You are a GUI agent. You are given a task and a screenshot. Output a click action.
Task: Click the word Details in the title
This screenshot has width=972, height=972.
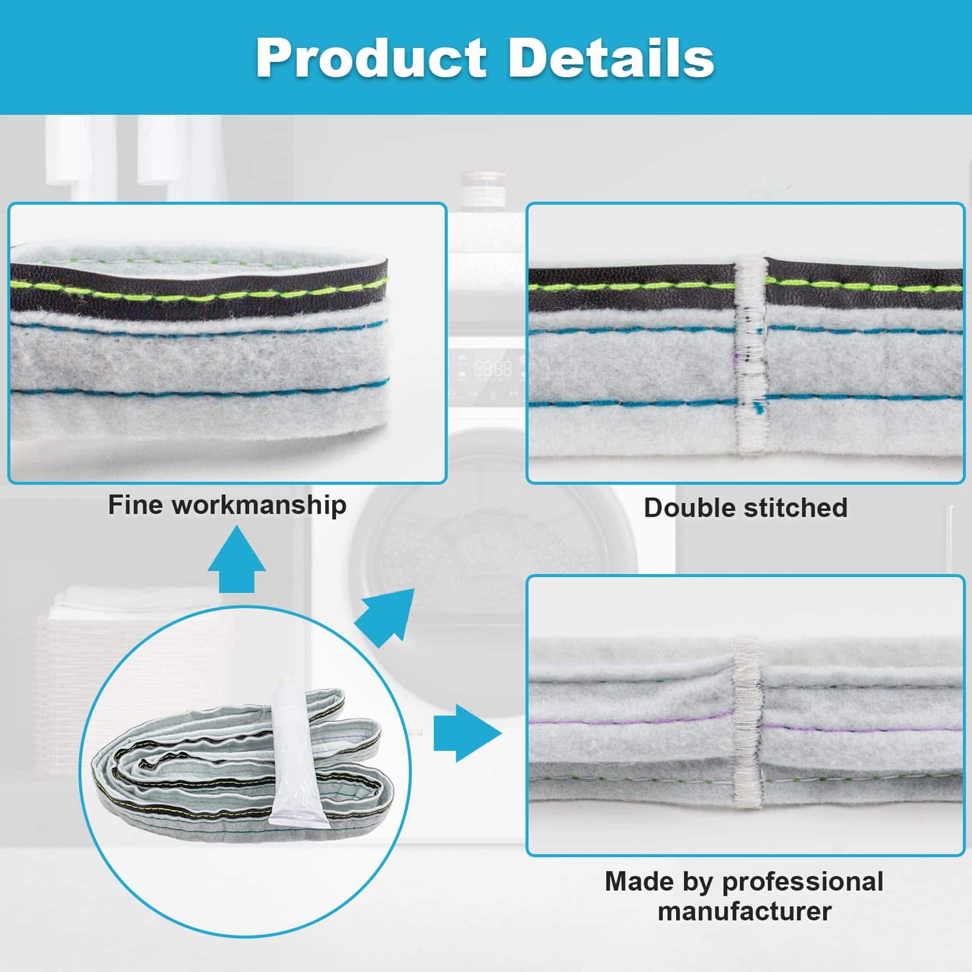(611, 58)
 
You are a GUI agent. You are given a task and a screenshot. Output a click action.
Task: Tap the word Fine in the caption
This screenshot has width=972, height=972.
(136, 505)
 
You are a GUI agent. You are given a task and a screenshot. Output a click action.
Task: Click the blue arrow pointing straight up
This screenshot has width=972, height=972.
(236, 559)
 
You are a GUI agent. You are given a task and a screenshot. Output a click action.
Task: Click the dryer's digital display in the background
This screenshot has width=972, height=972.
(492, 368)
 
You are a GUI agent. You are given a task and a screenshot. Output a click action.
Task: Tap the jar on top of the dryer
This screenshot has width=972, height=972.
(483, 189)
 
